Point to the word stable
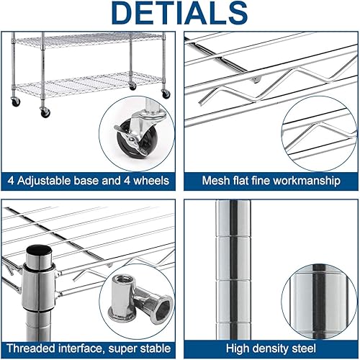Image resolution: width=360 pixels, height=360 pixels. point(155,346)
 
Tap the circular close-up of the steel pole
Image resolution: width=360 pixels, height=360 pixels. point(317,295)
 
